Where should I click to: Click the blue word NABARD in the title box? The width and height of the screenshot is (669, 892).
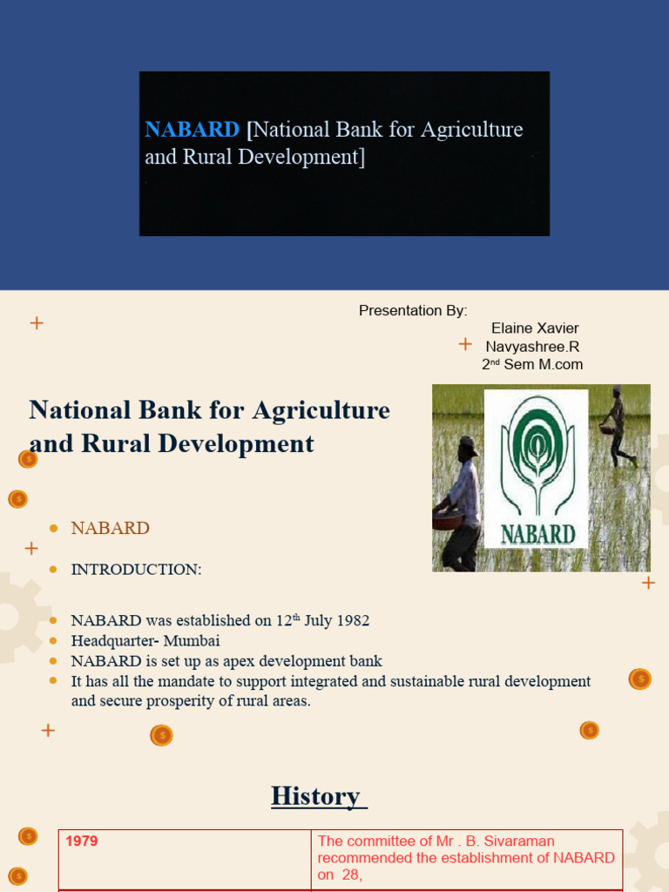click(192, 130)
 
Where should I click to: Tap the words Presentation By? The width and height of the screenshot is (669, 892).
click(413, 311)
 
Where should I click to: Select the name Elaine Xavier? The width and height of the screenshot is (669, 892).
click(535, 328)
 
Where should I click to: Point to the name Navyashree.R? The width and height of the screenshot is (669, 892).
click(532, 347)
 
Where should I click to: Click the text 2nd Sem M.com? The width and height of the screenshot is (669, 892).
click(532, 365)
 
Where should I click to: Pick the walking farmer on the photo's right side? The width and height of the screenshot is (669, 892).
click(619, 427)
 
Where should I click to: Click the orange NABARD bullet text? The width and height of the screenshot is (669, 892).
click(110, 528)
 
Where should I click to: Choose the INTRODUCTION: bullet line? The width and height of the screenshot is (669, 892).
click(136, 570)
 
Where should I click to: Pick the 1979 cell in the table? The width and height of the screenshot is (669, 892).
click(81, 842)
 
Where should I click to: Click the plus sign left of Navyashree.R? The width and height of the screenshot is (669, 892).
click(465, 345)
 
